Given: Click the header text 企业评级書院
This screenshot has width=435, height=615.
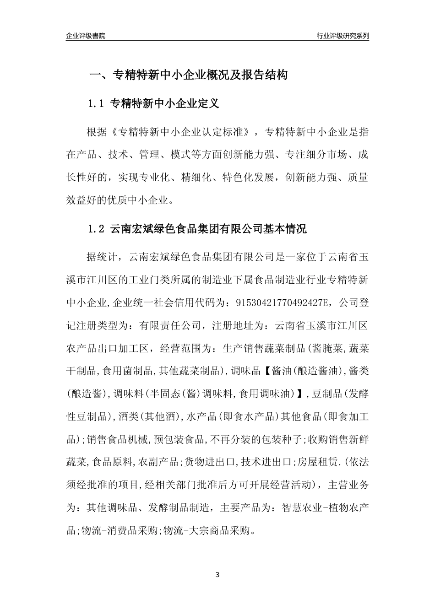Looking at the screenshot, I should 86,36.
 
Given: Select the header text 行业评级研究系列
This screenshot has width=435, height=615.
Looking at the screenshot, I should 343,36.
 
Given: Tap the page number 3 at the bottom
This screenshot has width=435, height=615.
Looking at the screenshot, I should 217,574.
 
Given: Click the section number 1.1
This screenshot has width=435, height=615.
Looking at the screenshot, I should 97,104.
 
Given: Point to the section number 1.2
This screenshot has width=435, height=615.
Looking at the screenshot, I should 97,229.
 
